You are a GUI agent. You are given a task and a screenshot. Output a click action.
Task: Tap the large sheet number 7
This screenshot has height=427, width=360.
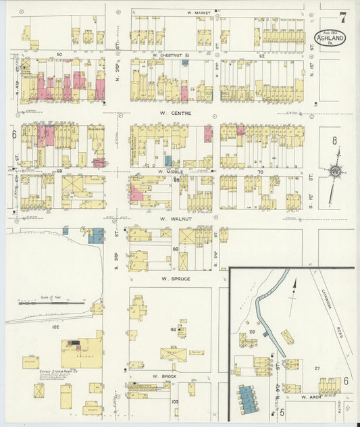343,18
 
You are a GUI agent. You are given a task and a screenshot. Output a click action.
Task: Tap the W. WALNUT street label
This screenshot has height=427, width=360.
172,219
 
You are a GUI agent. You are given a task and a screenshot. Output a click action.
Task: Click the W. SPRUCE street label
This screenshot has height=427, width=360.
175,278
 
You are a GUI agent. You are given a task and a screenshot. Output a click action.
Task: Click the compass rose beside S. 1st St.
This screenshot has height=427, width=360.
334,172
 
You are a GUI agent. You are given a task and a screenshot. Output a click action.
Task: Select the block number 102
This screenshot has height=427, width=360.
55,327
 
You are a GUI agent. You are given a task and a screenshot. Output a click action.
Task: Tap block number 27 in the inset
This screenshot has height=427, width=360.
316,368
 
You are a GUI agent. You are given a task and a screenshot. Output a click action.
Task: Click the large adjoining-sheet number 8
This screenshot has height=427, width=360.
334,141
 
